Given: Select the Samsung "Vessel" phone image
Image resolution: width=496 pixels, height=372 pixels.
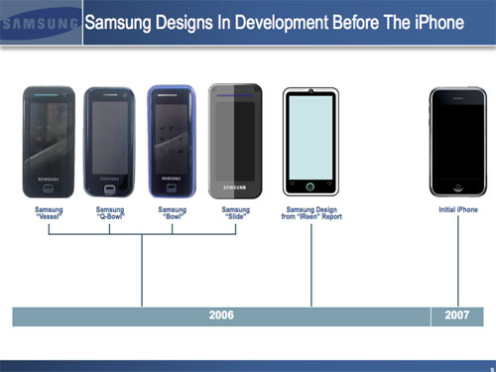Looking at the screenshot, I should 50,141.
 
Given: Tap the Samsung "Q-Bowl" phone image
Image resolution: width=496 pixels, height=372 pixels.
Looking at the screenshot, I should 111,141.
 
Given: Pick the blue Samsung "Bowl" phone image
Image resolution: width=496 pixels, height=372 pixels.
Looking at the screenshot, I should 173,141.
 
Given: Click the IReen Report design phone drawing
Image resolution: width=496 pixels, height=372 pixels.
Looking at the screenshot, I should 311,142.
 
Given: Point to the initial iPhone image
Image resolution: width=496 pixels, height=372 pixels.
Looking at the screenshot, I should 457,141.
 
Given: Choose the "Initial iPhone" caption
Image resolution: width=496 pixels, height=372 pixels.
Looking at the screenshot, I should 458,209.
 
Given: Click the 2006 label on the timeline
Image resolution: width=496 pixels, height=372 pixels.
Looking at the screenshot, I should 221,315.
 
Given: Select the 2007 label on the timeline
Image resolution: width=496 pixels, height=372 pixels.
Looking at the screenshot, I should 457,315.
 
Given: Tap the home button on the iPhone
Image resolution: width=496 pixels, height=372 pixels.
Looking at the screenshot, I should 457,186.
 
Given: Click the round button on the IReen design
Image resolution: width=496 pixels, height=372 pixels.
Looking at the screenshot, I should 311,186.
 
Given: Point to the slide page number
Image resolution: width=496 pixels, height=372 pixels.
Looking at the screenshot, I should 491,367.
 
